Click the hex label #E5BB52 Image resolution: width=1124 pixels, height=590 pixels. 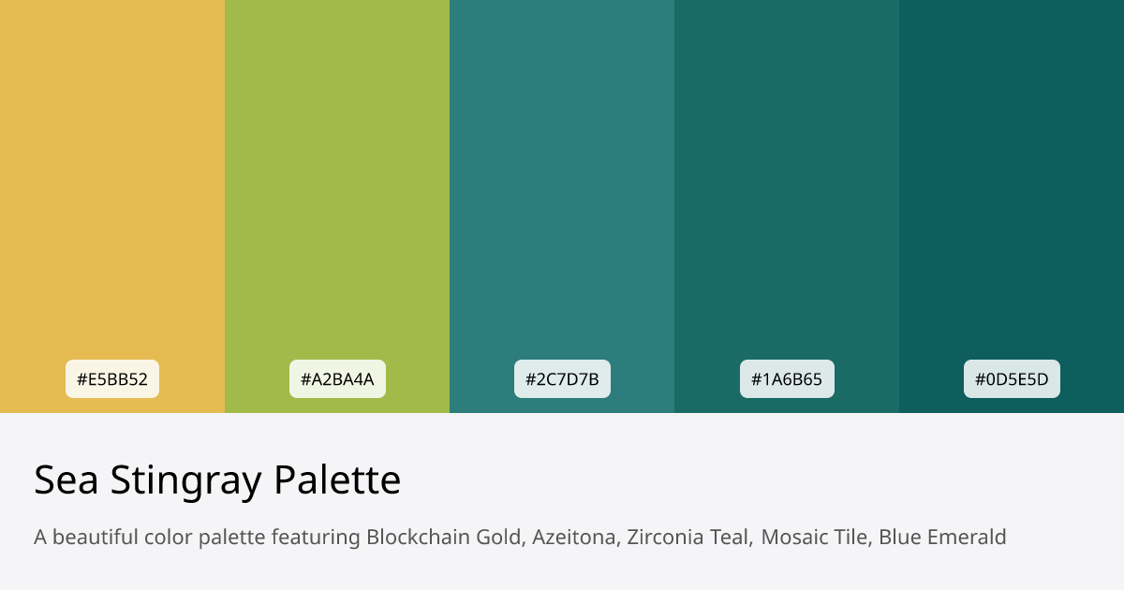point(112,379)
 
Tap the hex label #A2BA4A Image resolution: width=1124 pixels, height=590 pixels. point(337,379)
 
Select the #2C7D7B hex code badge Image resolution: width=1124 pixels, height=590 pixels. point(562,379)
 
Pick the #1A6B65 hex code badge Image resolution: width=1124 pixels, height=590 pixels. point(787,379)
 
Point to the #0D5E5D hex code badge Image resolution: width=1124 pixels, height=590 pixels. point(1012,379)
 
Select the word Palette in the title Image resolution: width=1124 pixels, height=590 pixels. point(337,480)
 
